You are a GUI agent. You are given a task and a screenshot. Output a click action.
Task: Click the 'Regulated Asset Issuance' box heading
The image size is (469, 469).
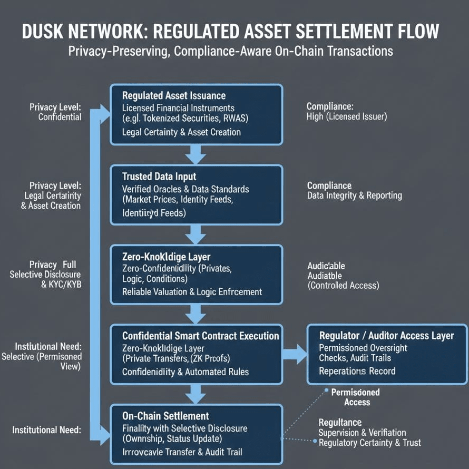click(x=174, y=96)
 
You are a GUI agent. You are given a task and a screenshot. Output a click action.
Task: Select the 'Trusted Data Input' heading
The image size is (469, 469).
click(x=159, y=177)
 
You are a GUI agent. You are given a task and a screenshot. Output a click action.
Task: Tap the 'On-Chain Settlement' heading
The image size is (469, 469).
click(x=165, y=416)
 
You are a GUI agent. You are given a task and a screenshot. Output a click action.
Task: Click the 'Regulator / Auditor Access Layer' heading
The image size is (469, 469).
click(x=386, y=336)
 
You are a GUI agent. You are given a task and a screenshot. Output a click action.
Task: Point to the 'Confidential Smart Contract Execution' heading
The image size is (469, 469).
click(x=201, y=336)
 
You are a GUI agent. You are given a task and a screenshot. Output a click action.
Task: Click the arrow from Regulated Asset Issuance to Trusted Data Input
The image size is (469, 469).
click(x=196, y=153)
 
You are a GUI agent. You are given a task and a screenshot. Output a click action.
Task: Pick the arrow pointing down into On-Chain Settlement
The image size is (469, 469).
click(x=196, y=393)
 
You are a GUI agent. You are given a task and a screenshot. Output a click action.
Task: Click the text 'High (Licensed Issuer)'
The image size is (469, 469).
click(x=346, y=116)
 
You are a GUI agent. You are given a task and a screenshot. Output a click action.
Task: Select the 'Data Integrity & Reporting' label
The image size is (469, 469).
click(x=354, y=196)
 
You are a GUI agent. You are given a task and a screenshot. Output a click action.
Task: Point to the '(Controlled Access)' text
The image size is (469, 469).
click(x=343, y=286)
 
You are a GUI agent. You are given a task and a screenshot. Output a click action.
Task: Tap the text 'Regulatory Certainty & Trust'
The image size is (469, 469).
click(x=369, y=443)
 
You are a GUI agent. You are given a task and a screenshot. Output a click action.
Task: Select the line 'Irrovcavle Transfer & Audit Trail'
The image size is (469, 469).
click(x=182, y=452)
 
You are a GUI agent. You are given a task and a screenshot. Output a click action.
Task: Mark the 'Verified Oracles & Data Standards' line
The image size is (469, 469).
click(x=185, y=189)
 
